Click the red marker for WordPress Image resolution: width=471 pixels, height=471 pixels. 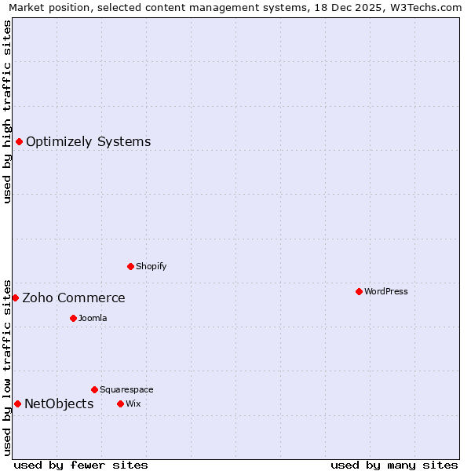coord(359,291)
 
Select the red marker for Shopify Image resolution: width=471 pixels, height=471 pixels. coord(130,266)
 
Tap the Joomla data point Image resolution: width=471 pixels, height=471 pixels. coord(73,318)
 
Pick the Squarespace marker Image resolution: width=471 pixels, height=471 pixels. coord(94,389)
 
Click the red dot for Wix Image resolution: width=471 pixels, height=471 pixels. coord(120,403)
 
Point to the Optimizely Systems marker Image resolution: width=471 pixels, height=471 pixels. coord(19,141)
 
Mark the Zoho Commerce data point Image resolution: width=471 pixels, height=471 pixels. coord(15,298)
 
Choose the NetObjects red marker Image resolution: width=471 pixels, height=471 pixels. coord(17,403)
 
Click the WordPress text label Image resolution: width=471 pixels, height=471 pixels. coord(385,291)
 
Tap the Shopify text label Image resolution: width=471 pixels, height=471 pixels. coord(151,266)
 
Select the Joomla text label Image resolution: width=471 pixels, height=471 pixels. coord(93,318)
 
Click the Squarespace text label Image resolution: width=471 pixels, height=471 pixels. coord(126,389)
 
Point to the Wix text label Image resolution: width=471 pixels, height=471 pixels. coord(133,403)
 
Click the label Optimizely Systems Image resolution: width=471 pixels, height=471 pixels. coord(88,141)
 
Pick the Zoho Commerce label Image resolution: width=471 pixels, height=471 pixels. coord(73,298)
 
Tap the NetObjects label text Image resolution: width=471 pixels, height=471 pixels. coord(59,403)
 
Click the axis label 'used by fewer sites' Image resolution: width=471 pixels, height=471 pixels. coord(81,465)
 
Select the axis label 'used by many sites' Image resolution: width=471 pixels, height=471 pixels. coord(394,465)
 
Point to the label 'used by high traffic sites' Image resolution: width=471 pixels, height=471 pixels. coord(7,111)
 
